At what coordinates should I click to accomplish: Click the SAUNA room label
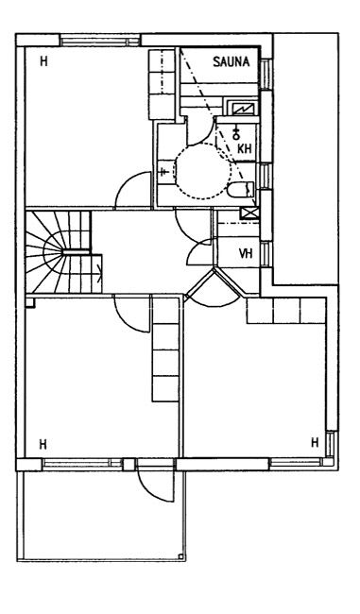pos(231,61)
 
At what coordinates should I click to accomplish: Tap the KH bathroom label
pos(245,149)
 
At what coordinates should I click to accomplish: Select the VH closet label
pos(246,254)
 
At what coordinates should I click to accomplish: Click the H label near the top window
pos(43,61)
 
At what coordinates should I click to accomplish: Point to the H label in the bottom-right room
pos(315,442)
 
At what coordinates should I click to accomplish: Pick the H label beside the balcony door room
pos(43,445)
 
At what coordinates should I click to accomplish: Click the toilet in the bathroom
pos(241,190)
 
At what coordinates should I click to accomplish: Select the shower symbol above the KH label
pos(236,133)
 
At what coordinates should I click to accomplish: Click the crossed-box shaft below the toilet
pos(250,213)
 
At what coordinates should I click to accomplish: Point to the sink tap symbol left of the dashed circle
pos(163,171)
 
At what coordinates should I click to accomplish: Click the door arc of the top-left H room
pos(128,182)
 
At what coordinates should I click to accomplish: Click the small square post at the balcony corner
pos(180,556)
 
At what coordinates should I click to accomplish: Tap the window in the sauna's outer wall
pos(266,75)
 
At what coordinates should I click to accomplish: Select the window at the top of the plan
pos(100,42)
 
